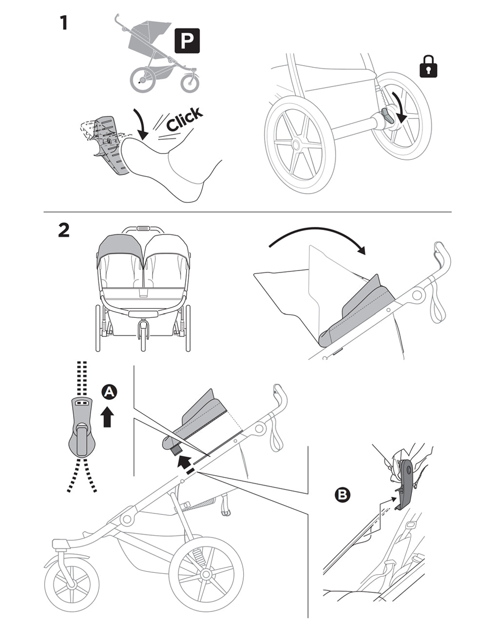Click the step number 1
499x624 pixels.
[63, 22]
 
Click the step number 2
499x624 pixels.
[63, 230]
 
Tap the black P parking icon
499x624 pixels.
[187, 41]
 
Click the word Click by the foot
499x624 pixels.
[184, 119]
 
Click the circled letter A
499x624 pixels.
[110, 391]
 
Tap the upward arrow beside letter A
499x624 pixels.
[108, 417]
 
